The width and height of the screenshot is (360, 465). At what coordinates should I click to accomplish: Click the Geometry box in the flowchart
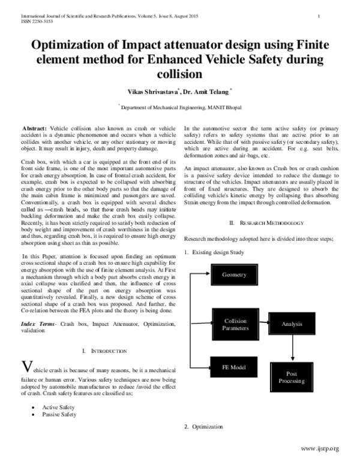tap(234, 274)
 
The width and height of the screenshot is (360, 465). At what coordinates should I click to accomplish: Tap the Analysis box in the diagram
tap(292, 324)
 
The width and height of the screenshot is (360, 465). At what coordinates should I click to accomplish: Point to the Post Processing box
tap(292, 377)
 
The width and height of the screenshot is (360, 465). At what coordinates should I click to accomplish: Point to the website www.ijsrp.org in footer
tap(320, 448)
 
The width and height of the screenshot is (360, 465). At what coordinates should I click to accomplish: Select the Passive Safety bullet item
tap(59, 413)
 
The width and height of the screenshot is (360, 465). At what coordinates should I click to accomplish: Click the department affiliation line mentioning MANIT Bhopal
tap(179, 105)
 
